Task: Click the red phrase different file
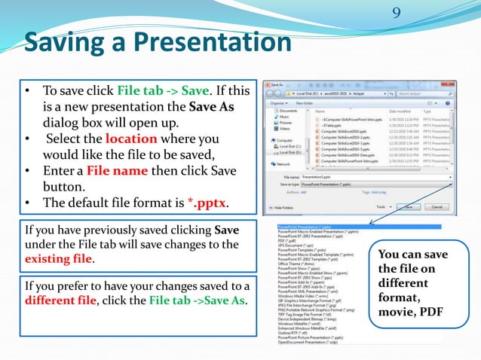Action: [x=59, y=301]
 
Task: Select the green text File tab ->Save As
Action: [x=198, y=301]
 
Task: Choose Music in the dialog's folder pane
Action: [x=285, y=117]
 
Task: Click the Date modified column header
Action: [x=403, y=110]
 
